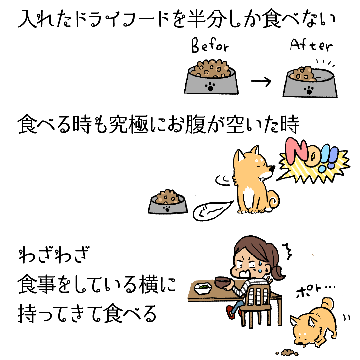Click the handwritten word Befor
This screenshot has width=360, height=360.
(210, 45)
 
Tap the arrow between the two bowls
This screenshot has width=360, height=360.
(261, 81)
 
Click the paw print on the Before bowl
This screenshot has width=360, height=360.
(210, 87)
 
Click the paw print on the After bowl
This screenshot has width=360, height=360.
(309, 90)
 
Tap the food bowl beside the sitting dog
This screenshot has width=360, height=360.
(168, 202)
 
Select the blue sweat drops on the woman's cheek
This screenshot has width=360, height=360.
(260, 267)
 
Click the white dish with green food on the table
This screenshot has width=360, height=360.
(203, 288)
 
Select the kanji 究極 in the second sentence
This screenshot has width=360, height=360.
(129, 124)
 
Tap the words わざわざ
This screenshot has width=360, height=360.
(53, 255)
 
